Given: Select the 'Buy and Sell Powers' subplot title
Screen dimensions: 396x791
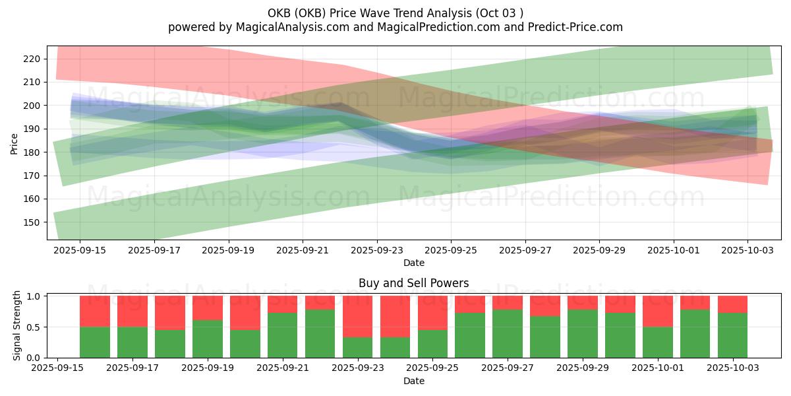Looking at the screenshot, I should (x=413, y=283).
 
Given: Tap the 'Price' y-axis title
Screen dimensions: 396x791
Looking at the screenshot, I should (x=14, y=143).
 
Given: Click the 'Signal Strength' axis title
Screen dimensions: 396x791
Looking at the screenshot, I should (x=17, y=326).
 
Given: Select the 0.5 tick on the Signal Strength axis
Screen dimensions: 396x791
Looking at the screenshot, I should (x=34, y=327).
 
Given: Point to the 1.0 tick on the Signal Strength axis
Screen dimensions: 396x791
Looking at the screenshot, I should (x=34, y=296).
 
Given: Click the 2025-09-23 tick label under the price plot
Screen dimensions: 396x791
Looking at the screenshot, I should (x=377, y=250).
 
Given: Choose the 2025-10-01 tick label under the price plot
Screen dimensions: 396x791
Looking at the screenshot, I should (x=673, y=250).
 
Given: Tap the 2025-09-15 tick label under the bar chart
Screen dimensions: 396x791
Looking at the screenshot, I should (x=57, y=368).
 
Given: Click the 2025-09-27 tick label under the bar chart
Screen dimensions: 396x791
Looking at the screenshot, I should (x=508, y=368).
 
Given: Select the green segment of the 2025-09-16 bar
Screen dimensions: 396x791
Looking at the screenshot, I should (x=95, y=342).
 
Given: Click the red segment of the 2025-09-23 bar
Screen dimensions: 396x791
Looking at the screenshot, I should (x=357, y=316).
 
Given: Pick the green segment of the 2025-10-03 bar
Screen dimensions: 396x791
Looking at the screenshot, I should (x=732, y=335).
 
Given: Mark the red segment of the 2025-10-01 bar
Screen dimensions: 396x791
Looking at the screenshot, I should (x=658, y=311).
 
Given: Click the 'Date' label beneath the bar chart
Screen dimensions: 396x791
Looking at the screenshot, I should (x=413, y=381).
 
